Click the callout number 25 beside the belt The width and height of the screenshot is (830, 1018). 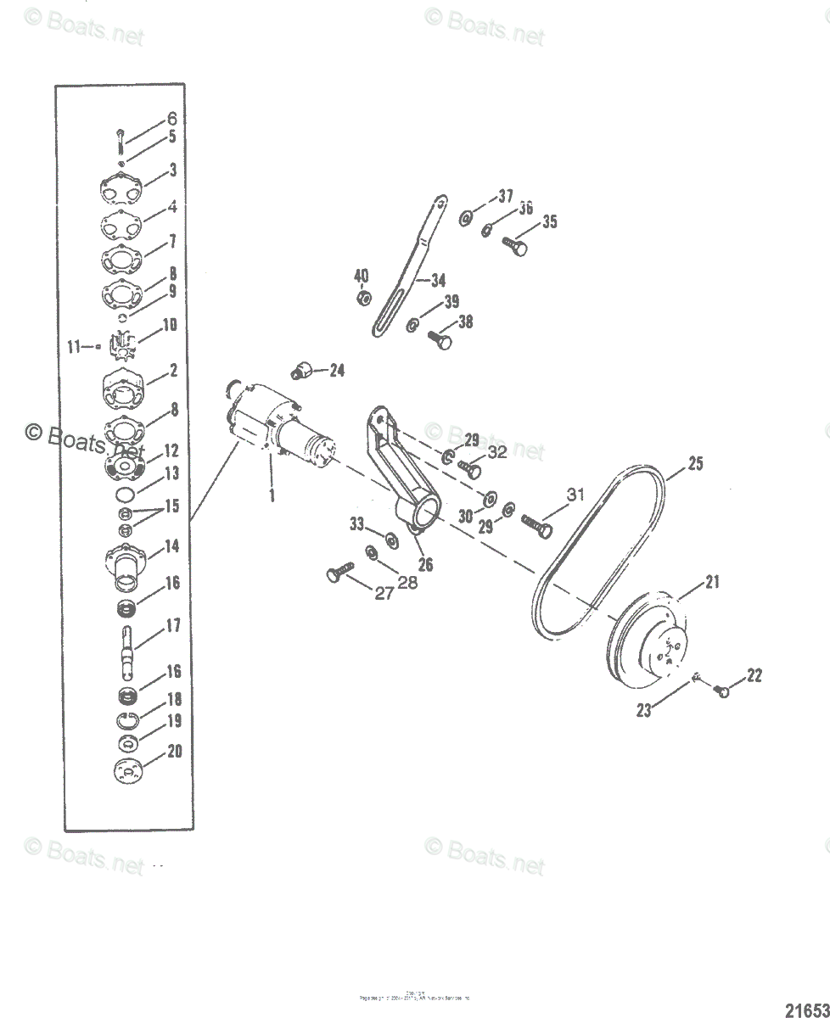coord(696,464)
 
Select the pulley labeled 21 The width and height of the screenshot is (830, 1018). coord(653,645)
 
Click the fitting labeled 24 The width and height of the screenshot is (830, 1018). coord(302,369)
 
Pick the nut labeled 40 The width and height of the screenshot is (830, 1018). coord(362,299)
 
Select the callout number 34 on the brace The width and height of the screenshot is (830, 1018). coord(438,280)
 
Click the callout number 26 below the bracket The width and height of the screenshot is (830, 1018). coord(424,562)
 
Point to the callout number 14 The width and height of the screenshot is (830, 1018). coord(172,547)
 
